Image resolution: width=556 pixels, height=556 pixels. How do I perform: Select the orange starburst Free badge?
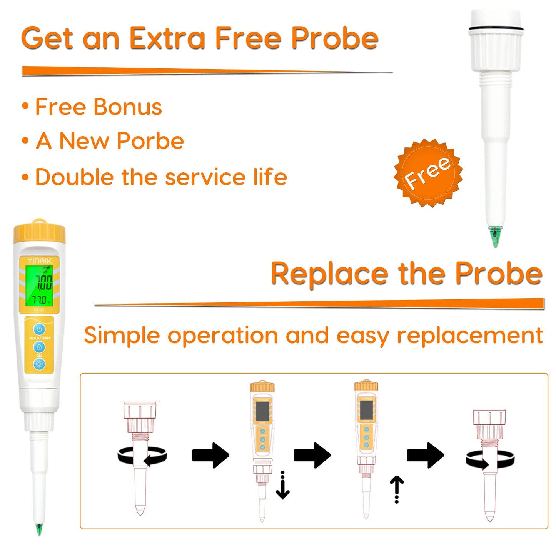[x=428, y=173]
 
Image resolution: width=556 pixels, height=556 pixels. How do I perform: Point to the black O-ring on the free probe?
[x=496, y=28]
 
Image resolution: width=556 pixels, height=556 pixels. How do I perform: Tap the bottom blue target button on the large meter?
[x=39, y=364]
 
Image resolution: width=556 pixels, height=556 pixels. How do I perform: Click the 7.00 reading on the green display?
[x=44, y=283]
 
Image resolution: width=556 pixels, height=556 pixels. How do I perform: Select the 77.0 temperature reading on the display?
[x=40, y=300]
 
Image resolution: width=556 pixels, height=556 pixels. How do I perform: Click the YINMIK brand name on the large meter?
[x=39, y=260]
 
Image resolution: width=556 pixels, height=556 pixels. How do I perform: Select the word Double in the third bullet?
[x=75, y=177]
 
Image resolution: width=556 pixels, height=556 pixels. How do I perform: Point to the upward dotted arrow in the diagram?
[x=397, y=489]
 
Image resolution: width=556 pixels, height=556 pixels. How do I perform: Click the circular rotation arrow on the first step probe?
[x=142, y=457]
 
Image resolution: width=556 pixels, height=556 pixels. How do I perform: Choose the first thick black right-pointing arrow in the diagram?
[x=210, y=456]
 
